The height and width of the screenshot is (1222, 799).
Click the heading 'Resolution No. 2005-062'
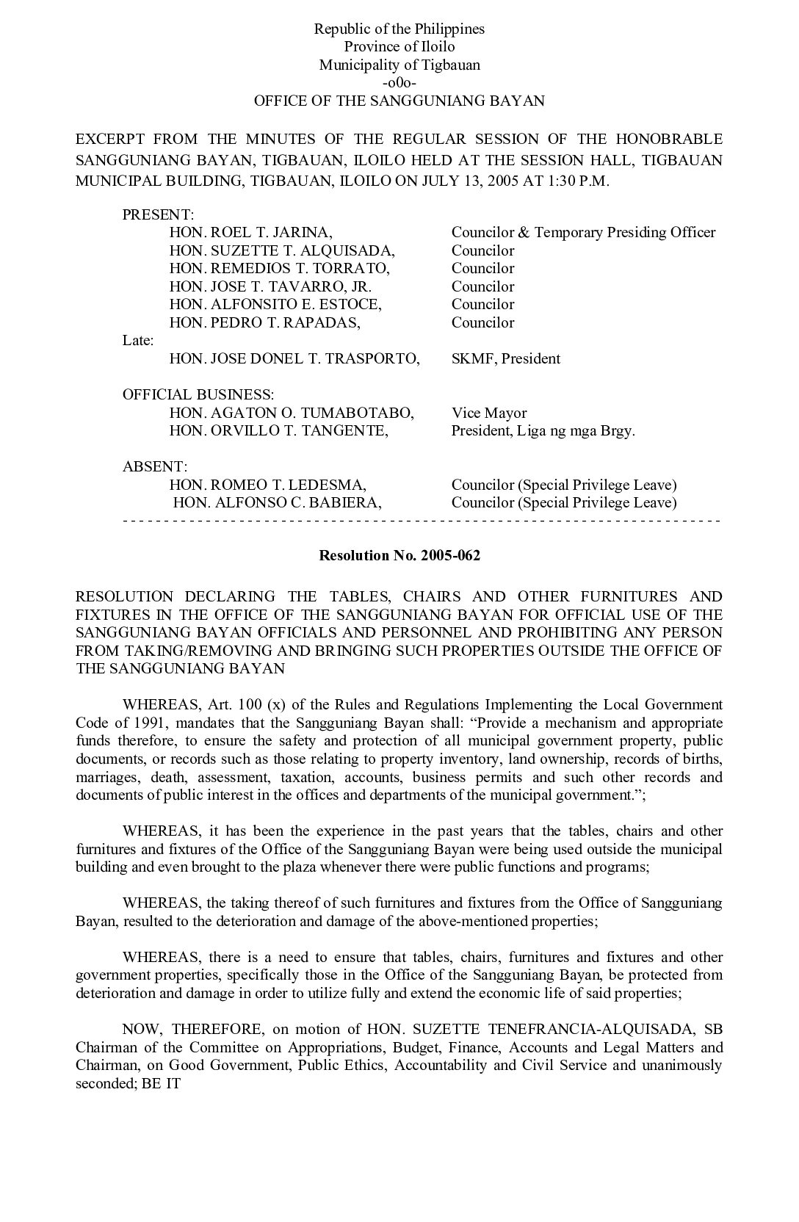tap(399, 555)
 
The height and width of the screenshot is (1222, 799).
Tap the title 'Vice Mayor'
tap(489, 413)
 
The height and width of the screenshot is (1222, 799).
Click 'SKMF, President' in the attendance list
tap(505, 359)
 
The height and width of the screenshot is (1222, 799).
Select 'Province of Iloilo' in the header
tap(399, 47)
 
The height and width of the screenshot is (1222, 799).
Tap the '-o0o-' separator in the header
tap(399, 83)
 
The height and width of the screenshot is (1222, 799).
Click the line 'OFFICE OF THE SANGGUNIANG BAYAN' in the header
tap(399, 101)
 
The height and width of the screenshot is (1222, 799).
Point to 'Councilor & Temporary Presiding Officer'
tap(583, 233)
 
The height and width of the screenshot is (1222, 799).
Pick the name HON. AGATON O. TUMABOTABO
tap(292, 413)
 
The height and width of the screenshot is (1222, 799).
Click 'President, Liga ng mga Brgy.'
tap(543, 431)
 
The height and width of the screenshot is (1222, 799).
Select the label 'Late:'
tap(138, 341)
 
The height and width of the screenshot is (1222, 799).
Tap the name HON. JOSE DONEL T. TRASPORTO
tap(294, 359)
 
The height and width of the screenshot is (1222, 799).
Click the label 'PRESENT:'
tap(158, 214)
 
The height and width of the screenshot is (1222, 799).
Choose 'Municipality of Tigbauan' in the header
tap(399, 65)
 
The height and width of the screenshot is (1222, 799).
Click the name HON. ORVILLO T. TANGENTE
tap(278, 431)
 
